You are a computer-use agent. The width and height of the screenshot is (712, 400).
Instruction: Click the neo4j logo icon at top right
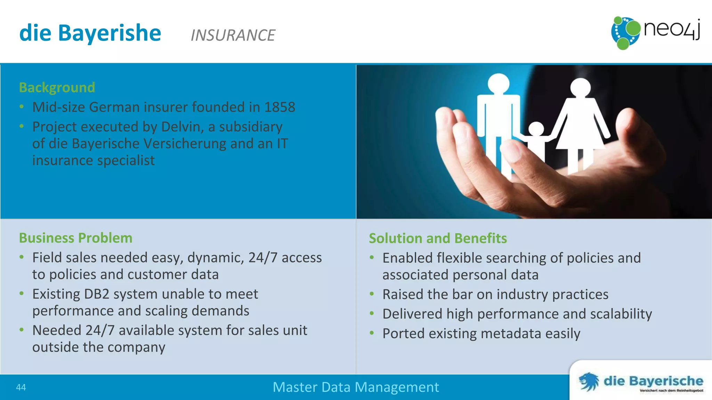pos(625,33)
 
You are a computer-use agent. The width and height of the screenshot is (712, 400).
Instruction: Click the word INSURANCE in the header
pos(233,35)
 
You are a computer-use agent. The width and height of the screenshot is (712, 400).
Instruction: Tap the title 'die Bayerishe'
pos(90,33)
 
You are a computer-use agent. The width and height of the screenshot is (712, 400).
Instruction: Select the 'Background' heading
pos(57,87)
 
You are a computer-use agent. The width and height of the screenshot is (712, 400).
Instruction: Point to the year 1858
pos(280,107)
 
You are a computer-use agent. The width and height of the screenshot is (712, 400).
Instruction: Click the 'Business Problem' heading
pos(75,238)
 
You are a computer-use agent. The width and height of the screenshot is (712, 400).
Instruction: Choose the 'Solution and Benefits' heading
pos(437,238)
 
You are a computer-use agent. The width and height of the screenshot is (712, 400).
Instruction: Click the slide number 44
pos(21,387)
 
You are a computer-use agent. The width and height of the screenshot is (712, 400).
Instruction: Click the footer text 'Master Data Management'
pos(355,387)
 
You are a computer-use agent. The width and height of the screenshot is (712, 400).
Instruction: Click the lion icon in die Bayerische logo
pos(589,382)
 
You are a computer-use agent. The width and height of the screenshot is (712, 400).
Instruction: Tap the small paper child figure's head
pos(536,130)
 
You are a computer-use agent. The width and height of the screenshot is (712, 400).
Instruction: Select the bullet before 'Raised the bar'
pos(372,294)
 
